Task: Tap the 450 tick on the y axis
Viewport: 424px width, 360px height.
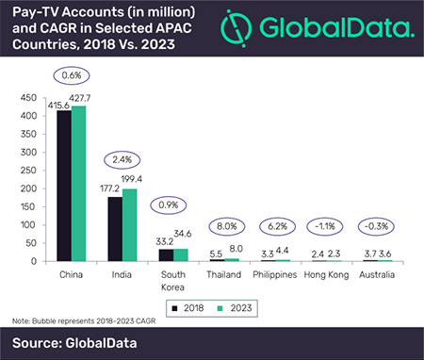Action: pos(29,96)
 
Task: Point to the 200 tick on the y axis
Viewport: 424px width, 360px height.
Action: pos(29,188)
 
